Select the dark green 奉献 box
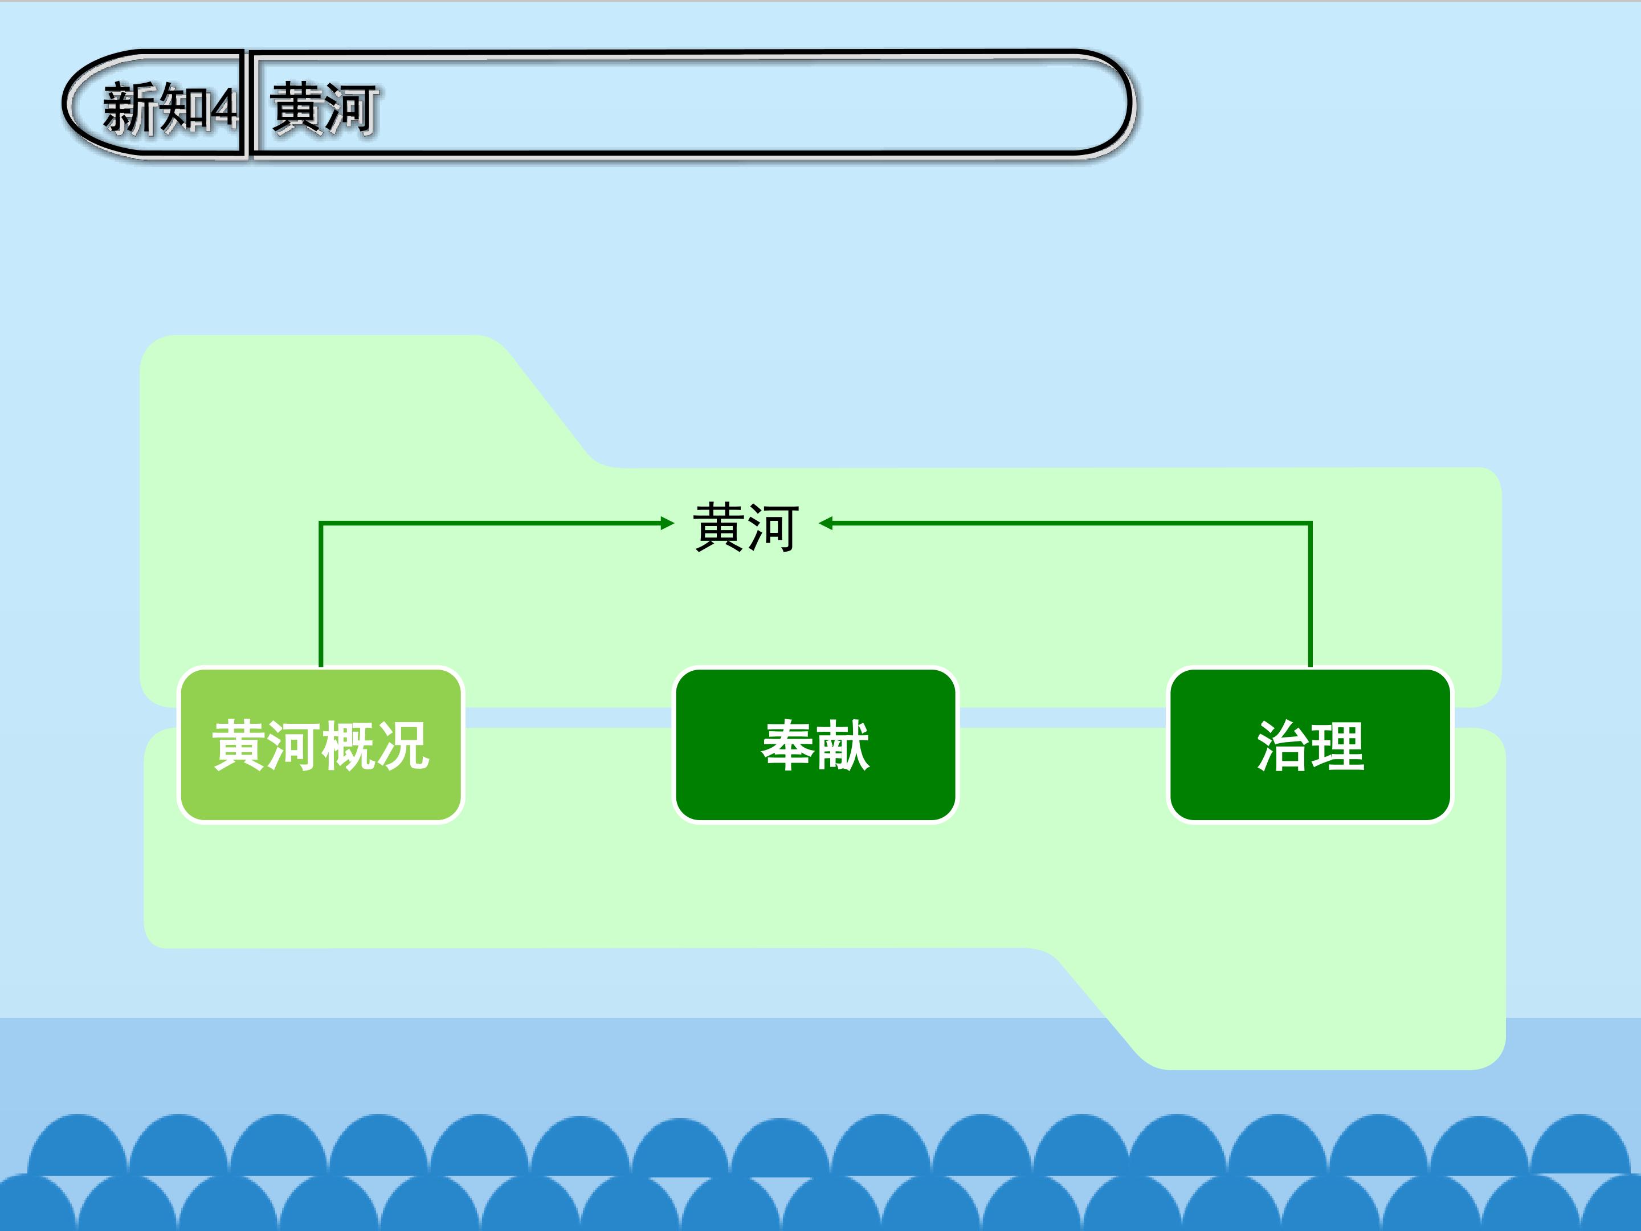815,745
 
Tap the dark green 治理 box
1310,745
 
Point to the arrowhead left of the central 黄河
667,523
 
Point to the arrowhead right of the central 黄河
826,523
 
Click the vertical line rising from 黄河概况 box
320,595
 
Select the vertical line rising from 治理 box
1310,595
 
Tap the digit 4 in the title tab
223,109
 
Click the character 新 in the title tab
130,108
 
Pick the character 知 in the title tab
183,108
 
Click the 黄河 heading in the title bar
324,108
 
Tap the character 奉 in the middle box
789,745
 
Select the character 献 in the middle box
843,745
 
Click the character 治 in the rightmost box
1283,745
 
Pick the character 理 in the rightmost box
1337,745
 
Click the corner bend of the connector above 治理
1310,523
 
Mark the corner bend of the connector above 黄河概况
320,523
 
